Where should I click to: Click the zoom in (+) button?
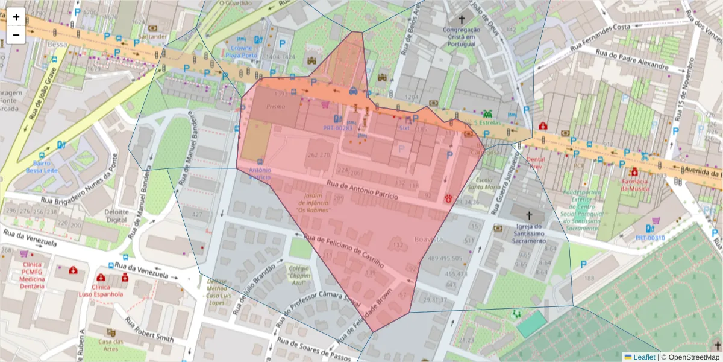point(16,17)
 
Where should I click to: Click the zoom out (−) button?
point(16,34)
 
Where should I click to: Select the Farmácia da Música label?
point(634,185)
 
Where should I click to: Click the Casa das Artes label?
point(111,346)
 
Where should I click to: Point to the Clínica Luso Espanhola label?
point(101,290)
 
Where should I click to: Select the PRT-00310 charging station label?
point(649,238)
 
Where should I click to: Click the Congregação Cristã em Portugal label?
point(462,37)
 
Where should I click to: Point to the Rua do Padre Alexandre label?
point(631,60)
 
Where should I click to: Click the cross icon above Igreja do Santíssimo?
point(530,215)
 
